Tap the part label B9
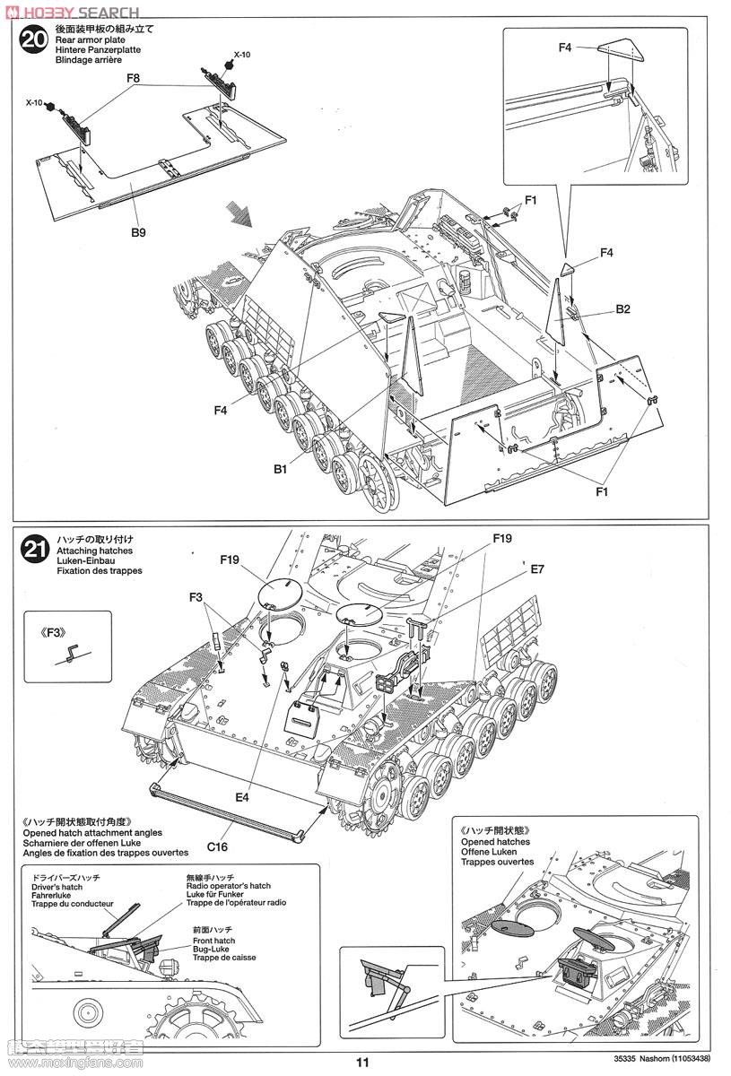(137, 232)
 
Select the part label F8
(134, 79)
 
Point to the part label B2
(623, 310)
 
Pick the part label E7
(537, 568)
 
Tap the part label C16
(218, 846)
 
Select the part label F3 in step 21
(196, 597)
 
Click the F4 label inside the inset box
(565, 48)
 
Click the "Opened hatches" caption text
(495, 842)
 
